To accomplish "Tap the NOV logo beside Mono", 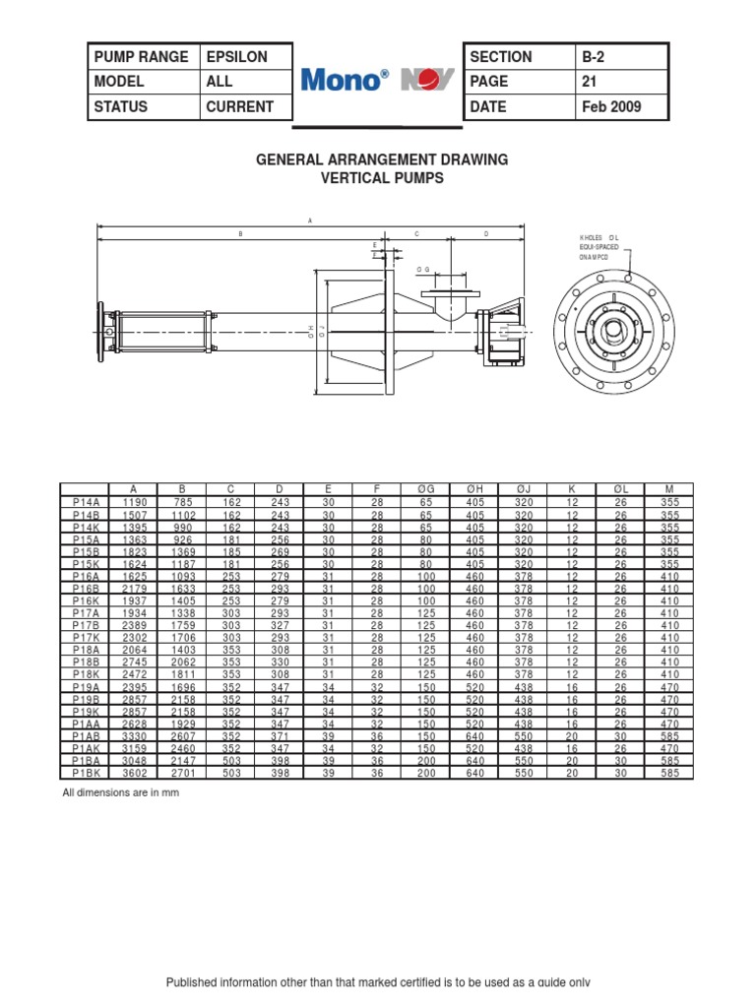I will pos(427,82).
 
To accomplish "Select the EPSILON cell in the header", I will pos(236,57).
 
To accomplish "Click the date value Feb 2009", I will pos(612,106).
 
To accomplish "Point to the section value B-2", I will pos(595,57).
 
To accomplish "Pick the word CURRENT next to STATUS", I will pos(240,106).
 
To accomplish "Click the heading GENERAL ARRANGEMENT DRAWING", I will pos(382,159).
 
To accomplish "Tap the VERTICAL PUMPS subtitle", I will pos(382,178).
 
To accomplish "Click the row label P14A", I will pos(85,501).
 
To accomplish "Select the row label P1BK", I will pos(85,774).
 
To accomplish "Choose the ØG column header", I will pos(426,489).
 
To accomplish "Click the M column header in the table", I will pos(669,489).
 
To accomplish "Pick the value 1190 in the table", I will pos(134,501).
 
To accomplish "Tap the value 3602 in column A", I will pos(134,774).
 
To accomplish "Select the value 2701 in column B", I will pos(182,774).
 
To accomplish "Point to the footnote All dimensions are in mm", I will pos(121,792).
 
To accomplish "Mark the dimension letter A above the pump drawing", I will pos(310,221).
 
